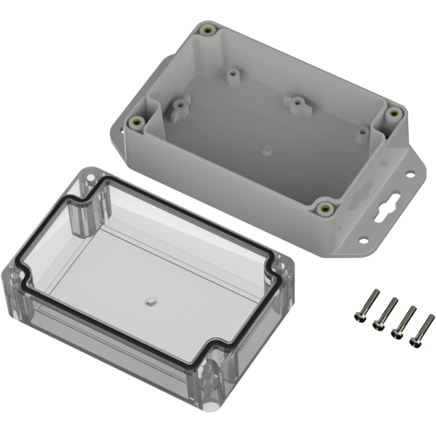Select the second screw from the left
(385, 315)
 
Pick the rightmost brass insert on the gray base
(392, 113)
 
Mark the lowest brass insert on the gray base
(324, 208)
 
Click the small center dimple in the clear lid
(149, 303)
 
